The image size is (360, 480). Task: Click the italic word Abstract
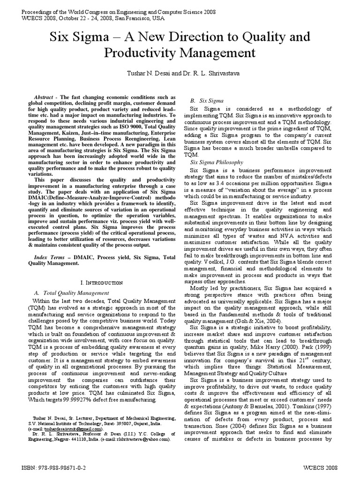tap(45, 97)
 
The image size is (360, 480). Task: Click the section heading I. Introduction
tap(102, 283)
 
